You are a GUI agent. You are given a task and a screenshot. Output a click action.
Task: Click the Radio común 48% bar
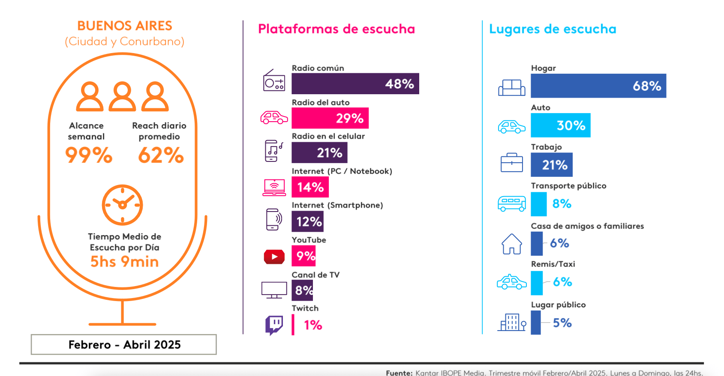tap(355, 84)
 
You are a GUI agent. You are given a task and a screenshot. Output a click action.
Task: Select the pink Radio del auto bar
tap(330, 118)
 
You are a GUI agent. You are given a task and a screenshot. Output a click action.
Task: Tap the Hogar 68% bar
tap(598, 86)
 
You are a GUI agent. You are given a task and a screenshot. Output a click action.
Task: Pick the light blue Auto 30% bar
tap(560, 125)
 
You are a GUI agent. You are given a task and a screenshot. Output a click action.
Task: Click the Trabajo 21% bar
tap(551, 165)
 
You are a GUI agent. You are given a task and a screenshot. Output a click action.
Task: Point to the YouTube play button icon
tap(274, 257)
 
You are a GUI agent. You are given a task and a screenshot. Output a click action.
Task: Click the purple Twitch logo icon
tap(274, 325)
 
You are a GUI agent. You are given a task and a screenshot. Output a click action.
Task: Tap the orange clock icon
tap(122, 205)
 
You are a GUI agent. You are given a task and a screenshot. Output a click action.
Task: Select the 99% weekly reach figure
tap(89, 155)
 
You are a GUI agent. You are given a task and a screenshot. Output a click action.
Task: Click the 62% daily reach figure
tap(161, 155)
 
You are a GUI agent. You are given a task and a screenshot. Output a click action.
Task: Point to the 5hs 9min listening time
tap(124, 262)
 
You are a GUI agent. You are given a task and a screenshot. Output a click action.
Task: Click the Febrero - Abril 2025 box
tap(124, 345)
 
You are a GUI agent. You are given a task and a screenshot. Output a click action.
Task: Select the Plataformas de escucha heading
tap(336, 29)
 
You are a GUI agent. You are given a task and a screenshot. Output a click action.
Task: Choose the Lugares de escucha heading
tap(553, 29)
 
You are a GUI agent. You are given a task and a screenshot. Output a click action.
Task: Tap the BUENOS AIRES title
tap(125, 26)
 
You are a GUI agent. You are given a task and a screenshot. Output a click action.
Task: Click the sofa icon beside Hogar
tap(512, 88)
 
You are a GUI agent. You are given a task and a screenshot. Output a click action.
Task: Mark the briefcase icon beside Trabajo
tap(512, 163)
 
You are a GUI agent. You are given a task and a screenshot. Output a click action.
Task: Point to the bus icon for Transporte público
tap(512, 203)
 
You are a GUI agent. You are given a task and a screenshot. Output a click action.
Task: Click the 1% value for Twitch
tap(313, 325)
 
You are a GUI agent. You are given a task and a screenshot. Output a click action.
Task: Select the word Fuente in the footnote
tap(399, 373)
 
